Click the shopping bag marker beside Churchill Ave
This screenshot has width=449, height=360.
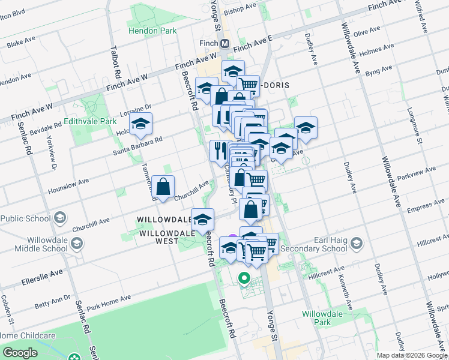(x=163, y=187)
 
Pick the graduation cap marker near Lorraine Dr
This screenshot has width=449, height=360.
(x=140, y=124)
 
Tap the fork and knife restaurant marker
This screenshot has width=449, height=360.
(x=219, y=150)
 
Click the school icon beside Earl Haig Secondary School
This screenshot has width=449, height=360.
(x=357, y=243)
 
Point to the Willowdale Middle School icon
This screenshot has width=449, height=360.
(x=76, y=244)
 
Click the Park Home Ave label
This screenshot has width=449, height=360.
(x=108, y=303)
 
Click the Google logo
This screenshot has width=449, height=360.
(x=20, y=353)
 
